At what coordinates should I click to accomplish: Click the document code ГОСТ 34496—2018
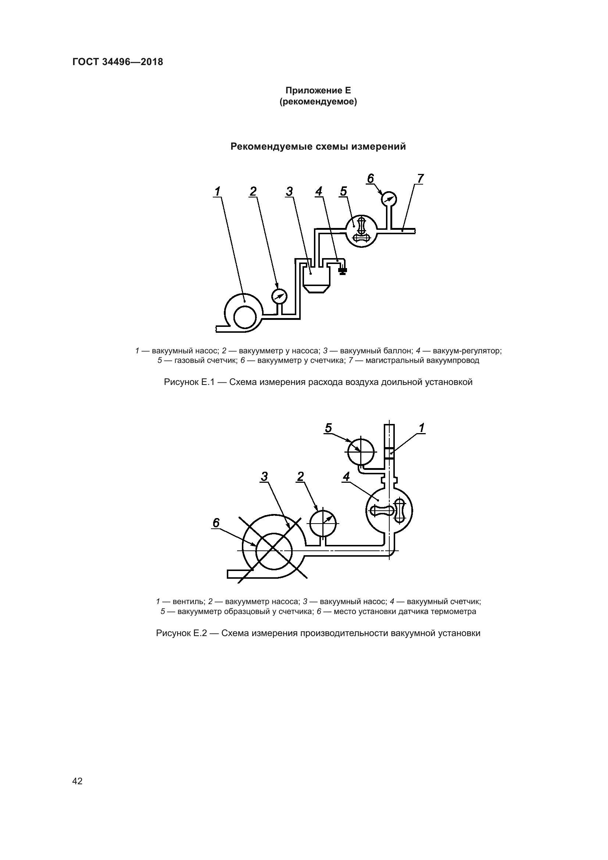point(118,62)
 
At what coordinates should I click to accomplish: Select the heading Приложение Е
point(318,90)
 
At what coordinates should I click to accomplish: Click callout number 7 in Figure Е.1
point(420,179)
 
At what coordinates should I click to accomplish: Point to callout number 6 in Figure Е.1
point(370,179)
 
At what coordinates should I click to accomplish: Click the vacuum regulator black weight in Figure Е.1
point(342,271)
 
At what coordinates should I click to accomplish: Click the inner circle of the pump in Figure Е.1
point(245,318)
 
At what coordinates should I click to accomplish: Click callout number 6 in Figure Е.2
point(216,523)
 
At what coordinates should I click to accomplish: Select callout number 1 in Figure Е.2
point(422,428)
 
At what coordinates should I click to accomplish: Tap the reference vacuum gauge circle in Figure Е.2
point(361,452)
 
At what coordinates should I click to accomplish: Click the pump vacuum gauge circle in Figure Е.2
point(323,523)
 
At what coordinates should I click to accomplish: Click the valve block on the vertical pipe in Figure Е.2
point(389,454)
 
